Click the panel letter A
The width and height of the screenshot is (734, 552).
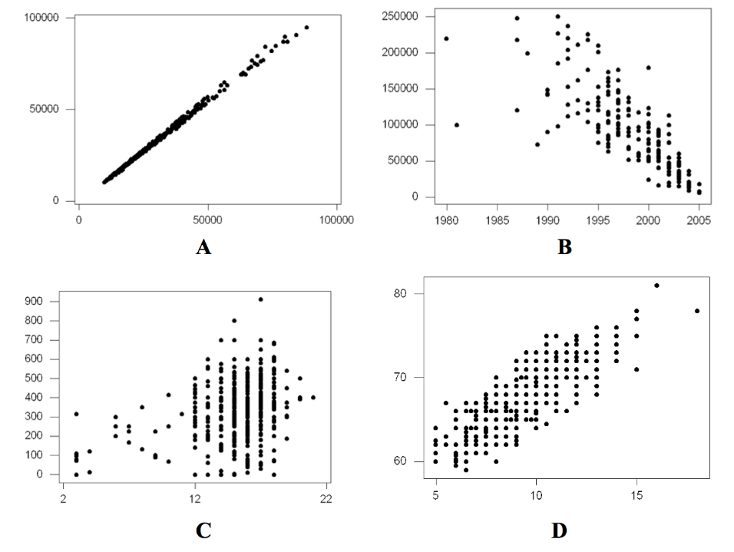[x=204, y=248]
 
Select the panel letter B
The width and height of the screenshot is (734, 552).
[x=564, y=248]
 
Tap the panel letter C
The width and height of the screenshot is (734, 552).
[x=203, y=531]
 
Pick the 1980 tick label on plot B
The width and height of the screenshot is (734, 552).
[x=447, y=221]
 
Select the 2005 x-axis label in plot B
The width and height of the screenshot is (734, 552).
[x=699, y=221]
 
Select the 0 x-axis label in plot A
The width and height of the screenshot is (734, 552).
[x=78, y=221]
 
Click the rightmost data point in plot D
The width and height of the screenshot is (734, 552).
[x=697, y=311]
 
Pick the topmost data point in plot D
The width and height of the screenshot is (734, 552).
[x=657, y=285]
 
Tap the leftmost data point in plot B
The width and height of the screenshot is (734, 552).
[x=447, y=39]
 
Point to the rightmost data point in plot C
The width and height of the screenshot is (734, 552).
[x=313, y=397]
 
